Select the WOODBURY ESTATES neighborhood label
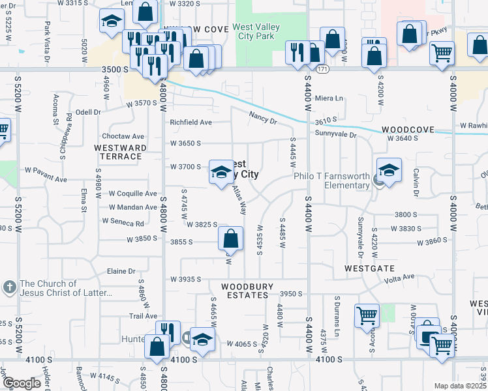coord(245,291)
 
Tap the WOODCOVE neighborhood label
coord(408,130)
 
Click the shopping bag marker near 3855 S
coord(230,240)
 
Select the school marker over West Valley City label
coord(221,173)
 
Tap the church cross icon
coord(10,287)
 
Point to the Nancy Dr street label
coord(263,118)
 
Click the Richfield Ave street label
coord(191,122)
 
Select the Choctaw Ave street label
coord(123,136)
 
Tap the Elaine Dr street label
coord(121,271)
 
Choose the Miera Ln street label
coord(329,98)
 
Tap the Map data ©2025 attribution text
coord(459,386)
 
